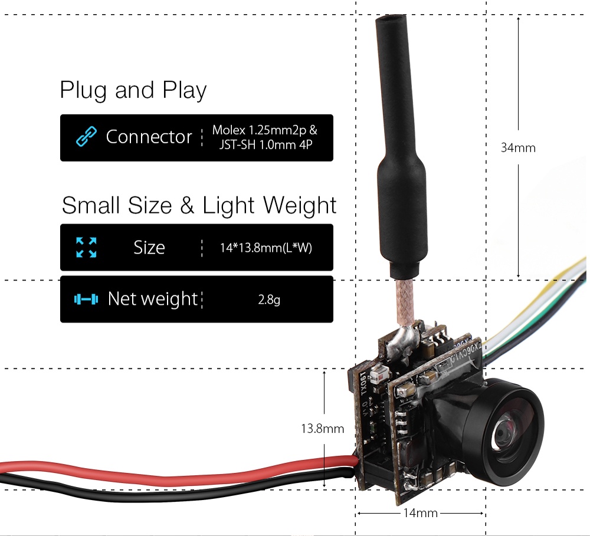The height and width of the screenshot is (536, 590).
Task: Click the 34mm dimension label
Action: (x=518, y=147)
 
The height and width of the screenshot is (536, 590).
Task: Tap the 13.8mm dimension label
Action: (x=322, y=429)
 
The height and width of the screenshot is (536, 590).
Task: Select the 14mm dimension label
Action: (x=420, y=513)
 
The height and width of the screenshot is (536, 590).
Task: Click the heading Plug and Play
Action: (x=133, y=90)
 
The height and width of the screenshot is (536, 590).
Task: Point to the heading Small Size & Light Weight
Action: (x=199, y=205)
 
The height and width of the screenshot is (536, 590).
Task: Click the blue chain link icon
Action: (x=86, y=137)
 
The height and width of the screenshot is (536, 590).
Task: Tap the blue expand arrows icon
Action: (x=86, y=247)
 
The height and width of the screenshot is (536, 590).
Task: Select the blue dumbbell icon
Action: (x=86, y=299)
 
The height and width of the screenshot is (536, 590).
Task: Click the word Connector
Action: (x=149, y=137)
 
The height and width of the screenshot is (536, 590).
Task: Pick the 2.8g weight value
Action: (x=269, y=300)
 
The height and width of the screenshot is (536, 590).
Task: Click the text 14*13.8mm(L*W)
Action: (x=265, y=248)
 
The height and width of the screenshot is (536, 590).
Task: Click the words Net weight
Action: (x=152, y=299)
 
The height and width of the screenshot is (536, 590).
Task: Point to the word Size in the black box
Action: (x=149, y=248)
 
